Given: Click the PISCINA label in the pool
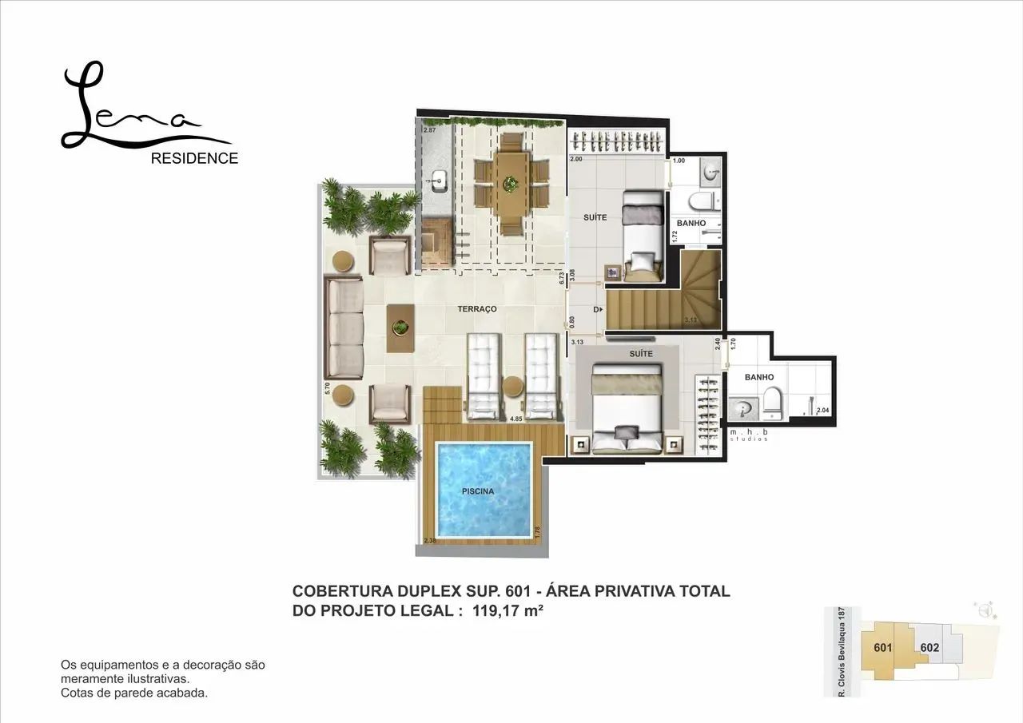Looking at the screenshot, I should coord(477,491).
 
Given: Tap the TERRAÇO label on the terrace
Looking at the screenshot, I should coord(477,308).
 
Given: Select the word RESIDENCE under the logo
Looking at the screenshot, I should coord(194,158).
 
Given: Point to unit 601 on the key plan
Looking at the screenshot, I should coord(882,647).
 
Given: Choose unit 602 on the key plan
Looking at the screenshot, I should coord(929,647).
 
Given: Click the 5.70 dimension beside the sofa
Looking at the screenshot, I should coord(328,389).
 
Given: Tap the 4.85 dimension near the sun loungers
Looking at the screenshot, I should coord(515,418).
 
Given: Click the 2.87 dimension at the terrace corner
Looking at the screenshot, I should coord(429,129).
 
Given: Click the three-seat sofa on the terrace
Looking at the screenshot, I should coord(344,328).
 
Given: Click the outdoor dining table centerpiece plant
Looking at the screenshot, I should coord(509,185).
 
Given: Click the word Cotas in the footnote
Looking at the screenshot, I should coord(75,693).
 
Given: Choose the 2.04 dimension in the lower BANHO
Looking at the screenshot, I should coord(822,410).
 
